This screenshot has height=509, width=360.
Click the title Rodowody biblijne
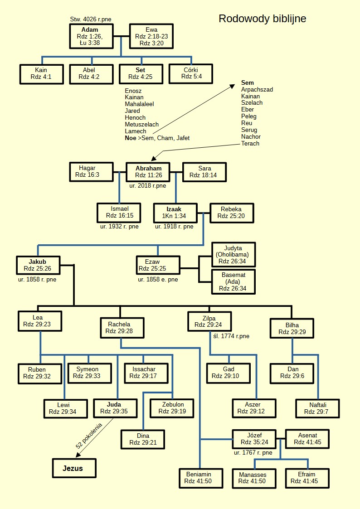point(262,19)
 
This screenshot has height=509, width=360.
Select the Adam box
point(90,36)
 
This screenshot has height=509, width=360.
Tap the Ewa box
point(151,36)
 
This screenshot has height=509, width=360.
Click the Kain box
point(41,74)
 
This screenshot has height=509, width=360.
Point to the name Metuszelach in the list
point(142,124)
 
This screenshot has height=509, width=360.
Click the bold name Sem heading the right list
point(248,83)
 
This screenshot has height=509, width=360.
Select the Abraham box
point(148,172)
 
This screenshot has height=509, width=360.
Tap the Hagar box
point(91,172)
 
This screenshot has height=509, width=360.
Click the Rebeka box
point(231,213)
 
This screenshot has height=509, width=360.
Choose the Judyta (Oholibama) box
point(234,254)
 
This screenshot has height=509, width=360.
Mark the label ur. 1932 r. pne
point(120,226)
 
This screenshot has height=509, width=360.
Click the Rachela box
point(122,327)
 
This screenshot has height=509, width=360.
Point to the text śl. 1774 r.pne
point(231,336)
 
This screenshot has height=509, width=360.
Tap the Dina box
point(143,439)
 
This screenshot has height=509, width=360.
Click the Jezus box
point(73,468)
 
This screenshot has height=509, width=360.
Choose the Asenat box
point(307,439)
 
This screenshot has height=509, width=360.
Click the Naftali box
point(316,408)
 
